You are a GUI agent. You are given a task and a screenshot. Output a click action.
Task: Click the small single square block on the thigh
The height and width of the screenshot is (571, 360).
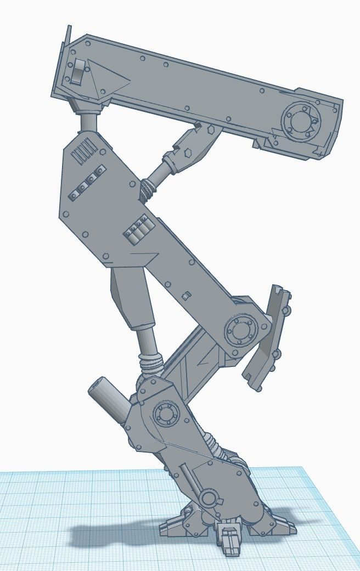185,296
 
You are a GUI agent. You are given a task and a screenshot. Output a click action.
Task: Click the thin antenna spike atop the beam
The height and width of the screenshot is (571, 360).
68,38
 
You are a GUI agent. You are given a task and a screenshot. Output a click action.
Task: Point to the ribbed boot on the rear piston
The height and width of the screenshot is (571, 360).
151,363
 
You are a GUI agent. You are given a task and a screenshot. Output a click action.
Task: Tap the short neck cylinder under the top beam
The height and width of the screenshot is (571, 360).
88,122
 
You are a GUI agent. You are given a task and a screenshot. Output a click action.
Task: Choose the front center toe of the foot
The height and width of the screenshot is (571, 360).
230,540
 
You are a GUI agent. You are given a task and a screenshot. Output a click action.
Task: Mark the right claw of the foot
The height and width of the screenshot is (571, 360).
280,527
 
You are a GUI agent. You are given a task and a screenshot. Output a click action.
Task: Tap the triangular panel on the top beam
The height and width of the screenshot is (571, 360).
110,80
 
